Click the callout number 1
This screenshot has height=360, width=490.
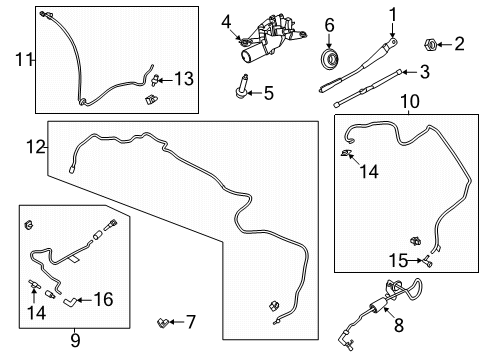(393, 14)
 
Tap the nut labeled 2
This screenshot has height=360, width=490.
(428, 44)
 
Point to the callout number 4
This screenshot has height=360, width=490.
(227, 21)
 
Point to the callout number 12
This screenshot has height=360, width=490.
(35, 147)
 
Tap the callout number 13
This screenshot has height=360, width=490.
(183, 78)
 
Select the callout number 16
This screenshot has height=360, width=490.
(104, 298)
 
